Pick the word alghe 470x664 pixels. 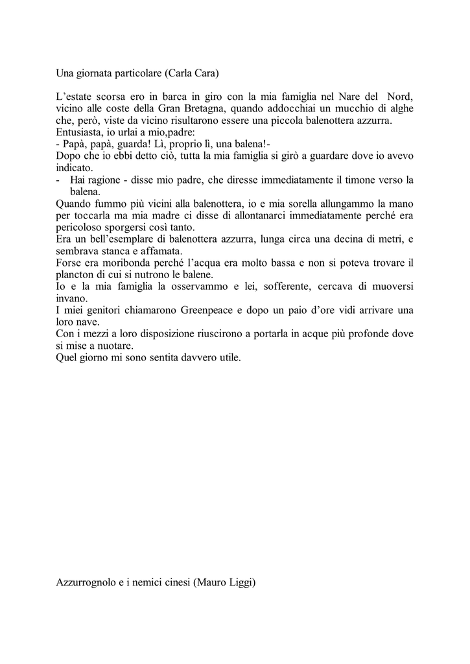(x=399, y=108)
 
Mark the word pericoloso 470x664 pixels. (x=84, y=228)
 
